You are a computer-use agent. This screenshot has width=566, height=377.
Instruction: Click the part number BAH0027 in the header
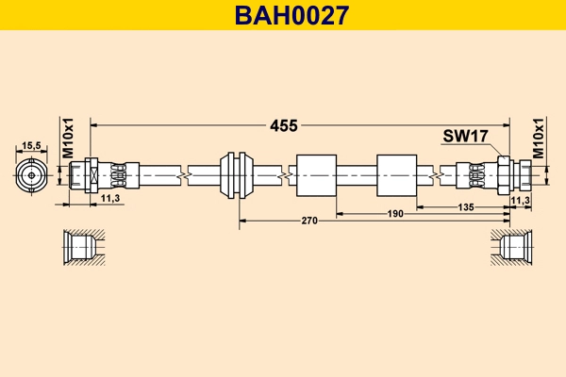point(282,15)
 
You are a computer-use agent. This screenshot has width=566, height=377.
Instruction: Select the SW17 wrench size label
point(464,137)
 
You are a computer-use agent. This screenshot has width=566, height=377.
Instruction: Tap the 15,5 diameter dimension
point(31,145)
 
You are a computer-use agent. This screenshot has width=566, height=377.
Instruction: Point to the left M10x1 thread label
point(68,138)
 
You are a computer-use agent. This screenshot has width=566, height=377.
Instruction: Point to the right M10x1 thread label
point(539,138)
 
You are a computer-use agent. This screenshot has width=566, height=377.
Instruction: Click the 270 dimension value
point(309,221)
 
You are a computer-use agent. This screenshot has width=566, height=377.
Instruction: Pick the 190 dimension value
point(396,214)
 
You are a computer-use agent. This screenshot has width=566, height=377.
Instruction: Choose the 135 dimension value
point(465,206)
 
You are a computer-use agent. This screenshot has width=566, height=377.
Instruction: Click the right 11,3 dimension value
point(520,200)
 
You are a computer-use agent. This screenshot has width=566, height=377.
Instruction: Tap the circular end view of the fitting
point(31,174)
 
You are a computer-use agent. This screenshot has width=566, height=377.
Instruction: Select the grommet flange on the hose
point(236,174)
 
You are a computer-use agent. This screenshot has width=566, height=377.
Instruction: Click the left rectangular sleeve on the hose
point(316,174)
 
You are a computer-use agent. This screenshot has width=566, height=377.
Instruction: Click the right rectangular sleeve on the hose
point(396,174)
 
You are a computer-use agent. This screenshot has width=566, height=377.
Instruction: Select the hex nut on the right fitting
point(503,174)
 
